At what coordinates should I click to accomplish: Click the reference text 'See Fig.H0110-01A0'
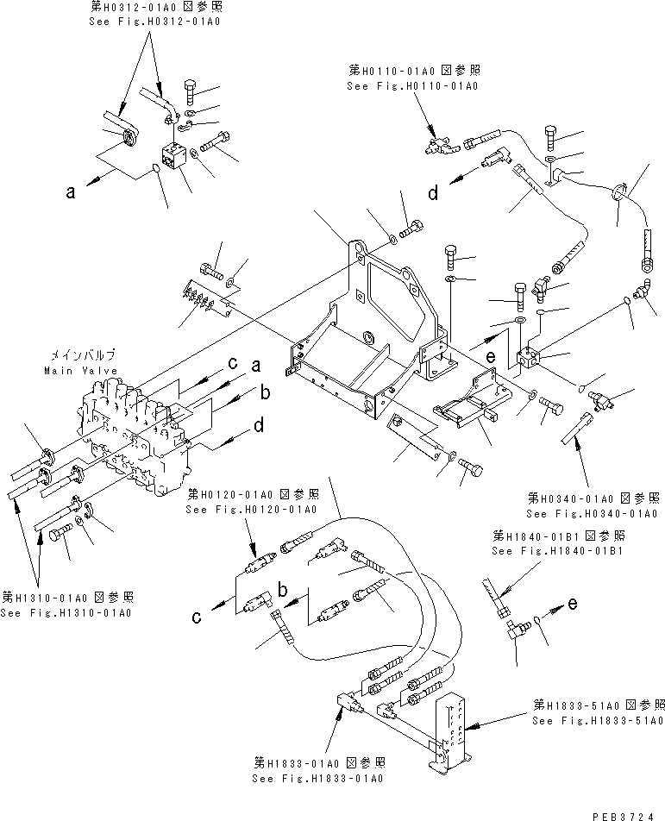(412, 86)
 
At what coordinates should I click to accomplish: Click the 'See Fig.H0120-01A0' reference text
(252, 510)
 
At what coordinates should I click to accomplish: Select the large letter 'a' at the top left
(70, 193)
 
